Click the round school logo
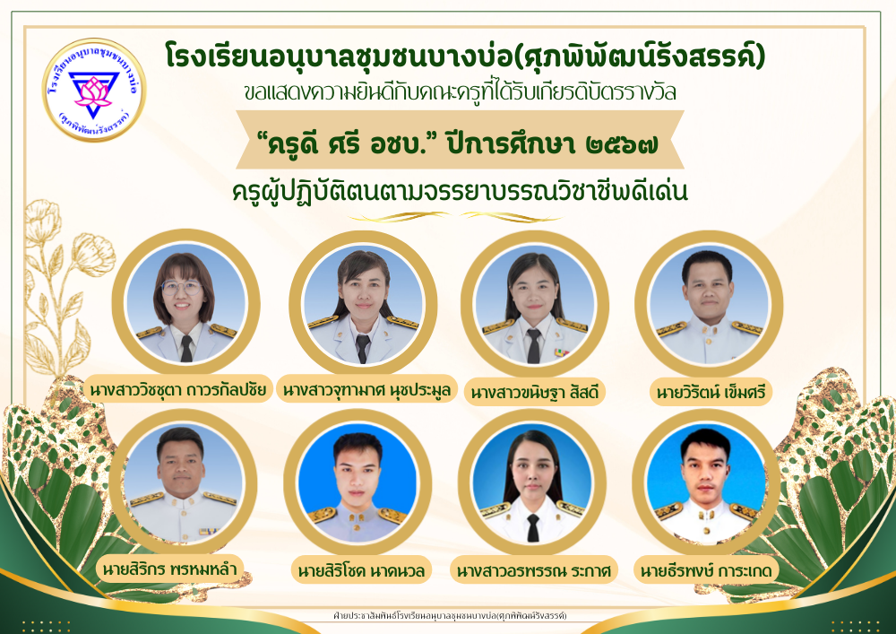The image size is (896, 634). [94, 90]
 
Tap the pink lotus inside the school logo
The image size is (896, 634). [93, 92]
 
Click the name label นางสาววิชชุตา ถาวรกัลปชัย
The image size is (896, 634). [178, 390]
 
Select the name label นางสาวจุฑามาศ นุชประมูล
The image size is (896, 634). [366, 390]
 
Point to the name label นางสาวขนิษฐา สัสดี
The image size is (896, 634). [535, 392]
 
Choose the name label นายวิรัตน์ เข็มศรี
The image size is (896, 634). [711, 392]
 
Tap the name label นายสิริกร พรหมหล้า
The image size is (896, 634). [169, 569]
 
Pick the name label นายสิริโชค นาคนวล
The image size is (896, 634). [362, 570]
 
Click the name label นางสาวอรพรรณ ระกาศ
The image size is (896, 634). [534, 570]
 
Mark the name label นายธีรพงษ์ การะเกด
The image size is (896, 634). [706, 570]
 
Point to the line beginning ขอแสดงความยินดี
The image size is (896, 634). [461, 92]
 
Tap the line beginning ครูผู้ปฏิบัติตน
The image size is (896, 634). [460, 191]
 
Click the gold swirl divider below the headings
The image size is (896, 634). [455, 217]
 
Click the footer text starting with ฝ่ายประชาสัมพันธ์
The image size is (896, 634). [450, 616]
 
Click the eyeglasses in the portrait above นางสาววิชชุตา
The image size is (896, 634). [182, 288]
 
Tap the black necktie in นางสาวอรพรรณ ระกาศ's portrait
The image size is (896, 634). [532, 527]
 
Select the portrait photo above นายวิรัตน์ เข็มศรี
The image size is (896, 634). [709, 305]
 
